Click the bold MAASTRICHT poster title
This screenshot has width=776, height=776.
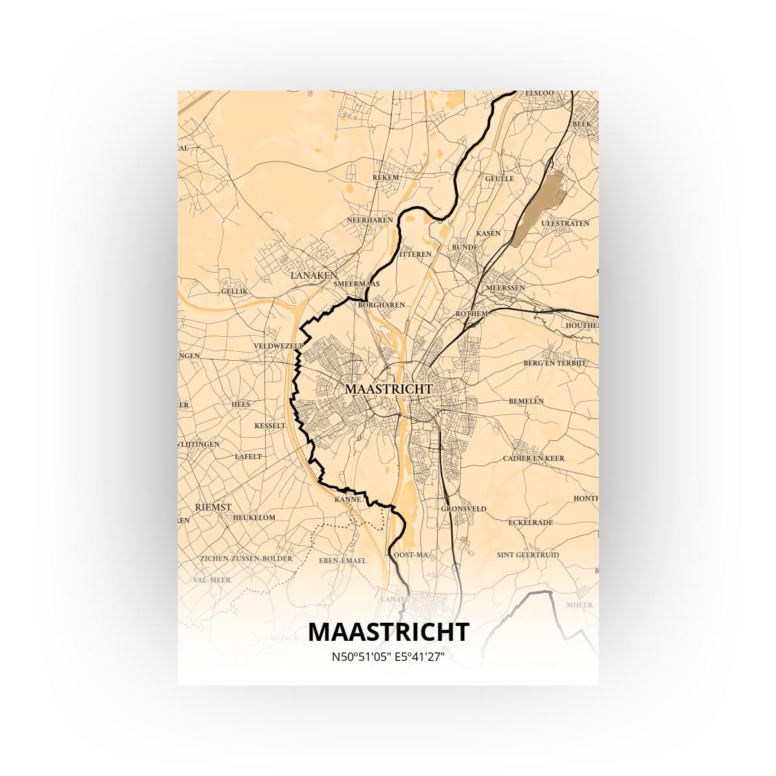pos(388,632)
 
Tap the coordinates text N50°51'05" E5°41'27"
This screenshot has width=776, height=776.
pos(388,657)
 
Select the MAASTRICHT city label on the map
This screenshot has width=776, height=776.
pos(388,389)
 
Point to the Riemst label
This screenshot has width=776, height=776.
pos(213,507)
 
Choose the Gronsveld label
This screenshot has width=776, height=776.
pos(463,509)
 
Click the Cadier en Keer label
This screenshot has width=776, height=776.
pos(533,458)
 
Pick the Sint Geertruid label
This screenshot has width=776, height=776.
pos(528,555)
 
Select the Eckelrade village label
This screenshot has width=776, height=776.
pos(530,522)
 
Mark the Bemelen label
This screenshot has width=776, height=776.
pos(526,401)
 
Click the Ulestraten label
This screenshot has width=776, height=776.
pos(565,223)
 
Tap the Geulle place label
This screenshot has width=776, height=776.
pos(499,178)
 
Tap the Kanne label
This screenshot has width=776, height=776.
pos(347,500)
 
